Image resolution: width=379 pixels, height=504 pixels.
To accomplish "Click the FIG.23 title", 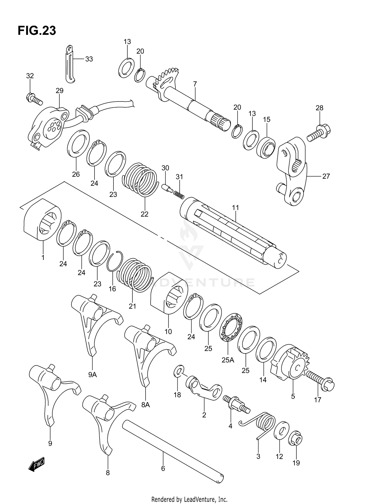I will click(37, 31).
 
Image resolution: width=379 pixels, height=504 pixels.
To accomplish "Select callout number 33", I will click(89, 59).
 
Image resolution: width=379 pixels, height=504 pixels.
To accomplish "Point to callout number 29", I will click(59, 91).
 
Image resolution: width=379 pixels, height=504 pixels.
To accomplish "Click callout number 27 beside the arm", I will click(326, 176).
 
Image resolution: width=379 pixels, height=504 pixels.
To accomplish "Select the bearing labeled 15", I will click(266, 147).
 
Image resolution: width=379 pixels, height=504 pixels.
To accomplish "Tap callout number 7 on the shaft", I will click(195, 84).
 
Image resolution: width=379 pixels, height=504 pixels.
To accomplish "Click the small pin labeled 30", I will click(167, 188).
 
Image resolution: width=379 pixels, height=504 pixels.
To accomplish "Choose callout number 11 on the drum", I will click(235, 208).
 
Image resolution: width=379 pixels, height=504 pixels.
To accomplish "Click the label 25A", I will click(228, 360).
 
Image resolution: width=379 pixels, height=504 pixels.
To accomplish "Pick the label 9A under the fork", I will click(92, 375).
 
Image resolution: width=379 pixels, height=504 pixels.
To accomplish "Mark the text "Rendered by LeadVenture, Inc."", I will click(189, 499).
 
